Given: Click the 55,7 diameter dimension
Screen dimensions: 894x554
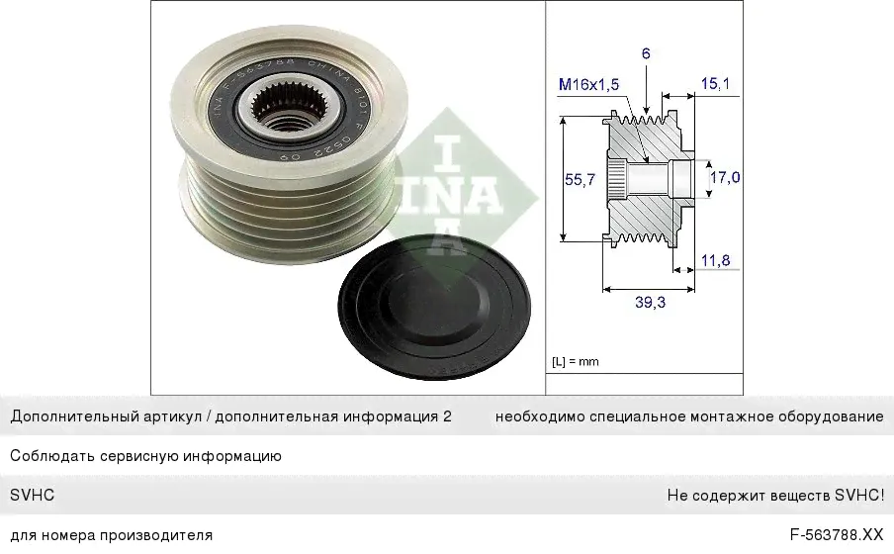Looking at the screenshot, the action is pyautogui.click(x=580, y=180).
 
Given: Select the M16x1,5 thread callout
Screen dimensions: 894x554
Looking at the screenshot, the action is pyautogui.click(x=588, y=84).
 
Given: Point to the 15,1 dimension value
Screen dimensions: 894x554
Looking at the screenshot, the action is pyautogui.click(x=715, y=84).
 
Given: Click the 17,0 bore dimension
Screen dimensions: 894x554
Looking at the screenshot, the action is pyautogui.click(x=725, y=177).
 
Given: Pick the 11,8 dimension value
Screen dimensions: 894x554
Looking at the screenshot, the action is pyautogui.click(x=715, y=261).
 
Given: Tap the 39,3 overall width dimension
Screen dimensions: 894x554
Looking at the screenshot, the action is pyautogui.click(x=650, y=303).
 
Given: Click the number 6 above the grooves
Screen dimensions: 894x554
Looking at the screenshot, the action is pyautogui.click(x=646, y=53).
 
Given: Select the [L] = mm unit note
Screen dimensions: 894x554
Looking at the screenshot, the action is pyautogui.click(x=576, y=361).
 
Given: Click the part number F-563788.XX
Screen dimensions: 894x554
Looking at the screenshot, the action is pyautogui.click(x=837, y=535).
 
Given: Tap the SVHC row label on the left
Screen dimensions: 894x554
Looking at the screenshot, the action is pyautogui.click(x=33, y=496).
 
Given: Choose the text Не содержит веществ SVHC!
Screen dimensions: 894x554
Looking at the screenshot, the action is pyautogui.click(x=775, y=496).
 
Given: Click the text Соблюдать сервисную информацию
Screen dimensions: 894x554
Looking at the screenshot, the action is pyautogui.click(x=146, y=456).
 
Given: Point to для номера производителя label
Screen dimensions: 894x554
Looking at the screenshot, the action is pyautogui.click(x=112, y=535).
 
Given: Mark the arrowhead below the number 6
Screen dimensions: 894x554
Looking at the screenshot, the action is pyautogui.click(x=646, y=109).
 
